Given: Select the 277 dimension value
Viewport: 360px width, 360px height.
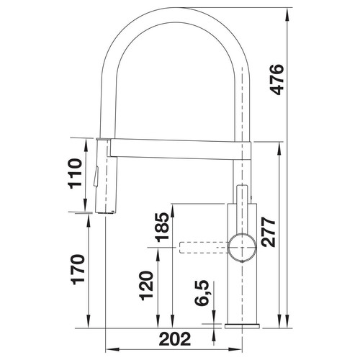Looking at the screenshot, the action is pos(269,232).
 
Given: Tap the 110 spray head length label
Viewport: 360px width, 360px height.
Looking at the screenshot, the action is pos(75,174).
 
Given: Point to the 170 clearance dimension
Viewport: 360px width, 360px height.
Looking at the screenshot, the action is pos(78,269).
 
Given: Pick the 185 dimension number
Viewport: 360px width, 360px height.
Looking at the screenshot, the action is pos(162,227).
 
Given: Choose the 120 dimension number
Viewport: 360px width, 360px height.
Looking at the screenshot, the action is pos(147,286).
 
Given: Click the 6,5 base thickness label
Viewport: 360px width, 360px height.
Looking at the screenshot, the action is pos(202,293).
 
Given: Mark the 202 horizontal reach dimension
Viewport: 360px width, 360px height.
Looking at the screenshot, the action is pos(175,339).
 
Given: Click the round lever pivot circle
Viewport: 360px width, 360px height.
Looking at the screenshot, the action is pos(242,247).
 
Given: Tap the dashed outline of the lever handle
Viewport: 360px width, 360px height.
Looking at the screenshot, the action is pos(204,248).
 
